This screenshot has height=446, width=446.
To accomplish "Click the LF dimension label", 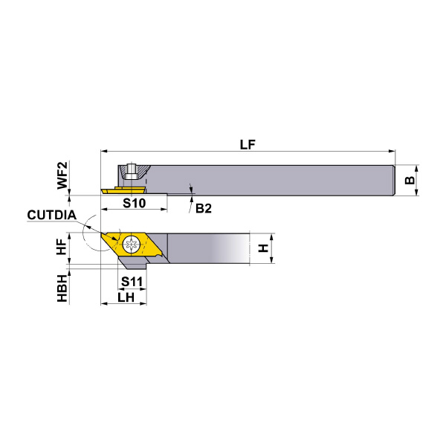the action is coord(248,144).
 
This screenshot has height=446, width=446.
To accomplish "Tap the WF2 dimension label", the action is coord(62,175).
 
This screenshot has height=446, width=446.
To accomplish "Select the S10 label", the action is coord(135,203).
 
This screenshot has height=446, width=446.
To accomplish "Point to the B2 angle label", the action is coord(204,208).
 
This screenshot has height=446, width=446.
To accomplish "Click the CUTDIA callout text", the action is coord(52,215).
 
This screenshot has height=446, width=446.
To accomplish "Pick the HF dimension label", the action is coord(62,247).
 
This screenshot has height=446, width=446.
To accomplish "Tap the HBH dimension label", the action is coord(62,288).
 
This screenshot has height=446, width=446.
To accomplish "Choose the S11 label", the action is coord(132,282).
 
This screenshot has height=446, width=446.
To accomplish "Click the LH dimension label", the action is coord(126,297).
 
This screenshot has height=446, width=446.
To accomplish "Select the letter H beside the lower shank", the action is coord(263,248).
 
